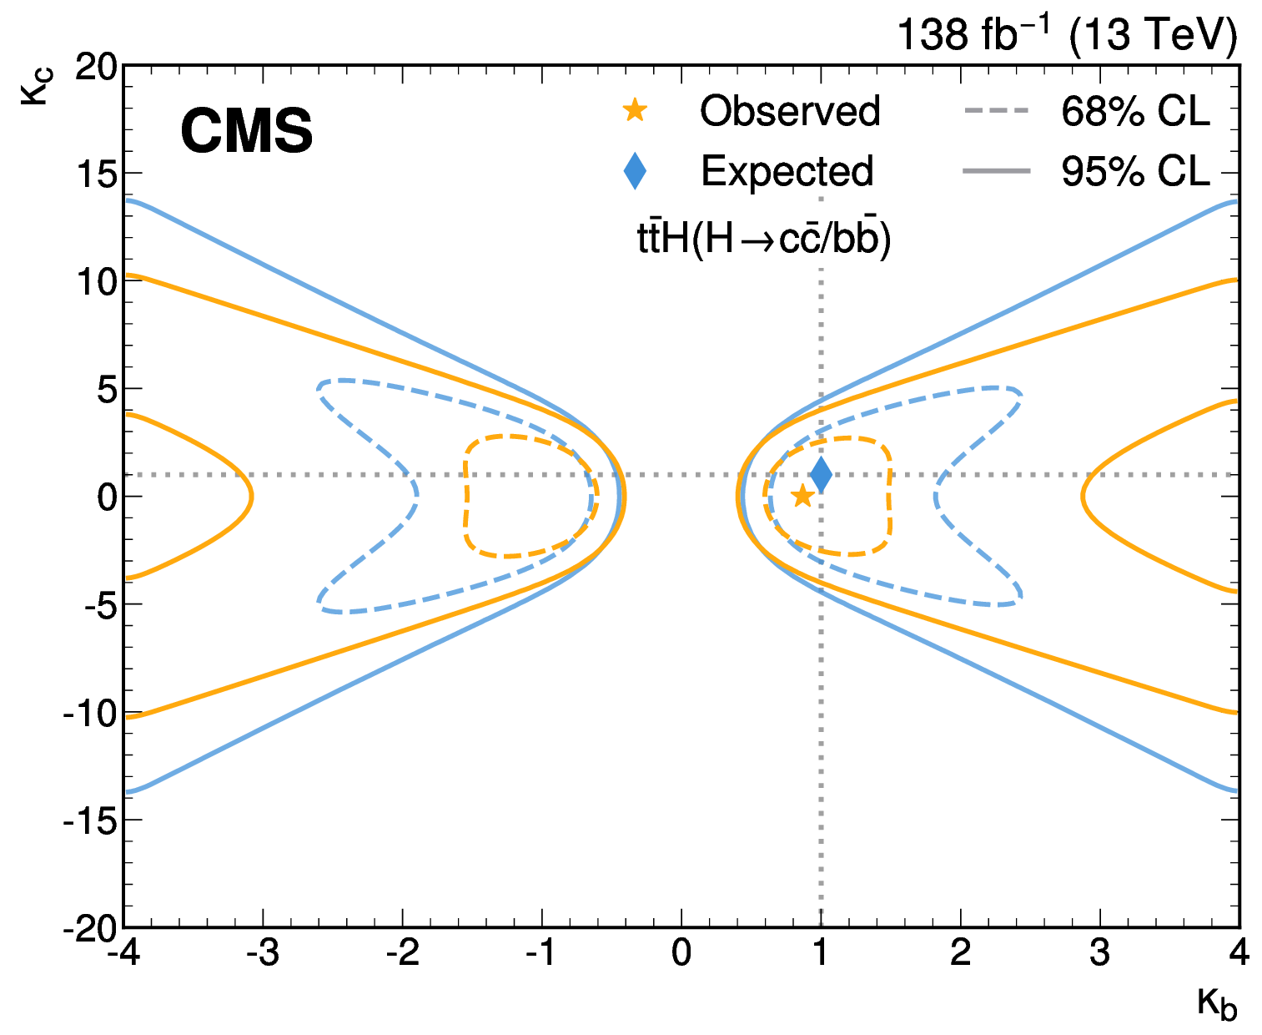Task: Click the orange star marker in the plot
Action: pos(802,497)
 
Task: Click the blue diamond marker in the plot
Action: pos(821,475)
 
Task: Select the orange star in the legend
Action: pos(635,110)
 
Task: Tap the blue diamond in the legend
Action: pos(635,171)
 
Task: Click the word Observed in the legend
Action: pos(789,111)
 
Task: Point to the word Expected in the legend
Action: pos(787,171)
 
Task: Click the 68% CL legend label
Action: pos(1134,111)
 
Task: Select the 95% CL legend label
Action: pos(1134,171)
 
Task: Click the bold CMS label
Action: pos(246,132)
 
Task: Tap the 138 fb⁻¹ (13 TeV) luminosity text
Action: pos(1066,35)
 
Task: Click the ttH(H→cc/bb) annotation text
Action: pos(763,239)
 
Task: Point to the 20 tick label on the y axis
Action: pos(96,67)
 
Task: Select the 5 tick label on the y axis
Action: pos(107,390)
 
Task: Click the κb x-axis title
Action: pos(1217,1003)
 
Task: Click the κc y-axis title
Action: pos(38,88)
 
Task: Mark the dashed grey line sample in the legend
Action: pos(997,111)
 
